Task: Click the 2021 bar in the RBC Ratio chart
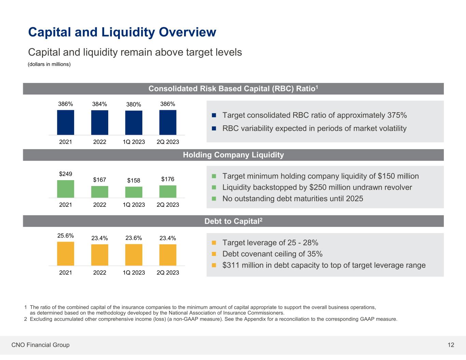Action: click(66, 123)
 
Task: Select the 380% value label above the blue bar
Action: click(133, 104)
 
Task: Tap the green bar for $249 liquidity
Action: click(66, 189)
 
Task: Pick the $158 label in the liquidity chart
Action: click(133, 180)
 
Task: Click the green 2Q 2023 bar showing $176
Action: click(168, 192)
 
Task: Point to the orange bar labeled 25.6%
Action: click(66, 254)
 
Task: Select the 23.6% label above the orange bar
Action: click(133, 238)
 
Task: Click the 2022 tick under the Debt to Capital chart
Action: click(100, 273)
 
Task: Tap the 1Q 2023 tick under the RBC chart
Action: click(133, 142)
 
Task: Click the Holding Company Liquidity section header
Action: click(233, 155)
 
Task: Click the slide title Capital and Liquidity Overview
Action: click(122, 32)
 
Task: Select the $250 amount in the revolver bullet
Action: click(319, 187)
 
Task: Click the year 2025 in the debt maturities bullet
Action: click(354, 199)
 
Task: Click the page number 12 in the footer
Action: click(451, 345)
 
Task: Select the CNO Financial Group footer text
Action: click(40, 345)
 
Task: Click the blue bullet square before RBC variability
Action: click(214, 129)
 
